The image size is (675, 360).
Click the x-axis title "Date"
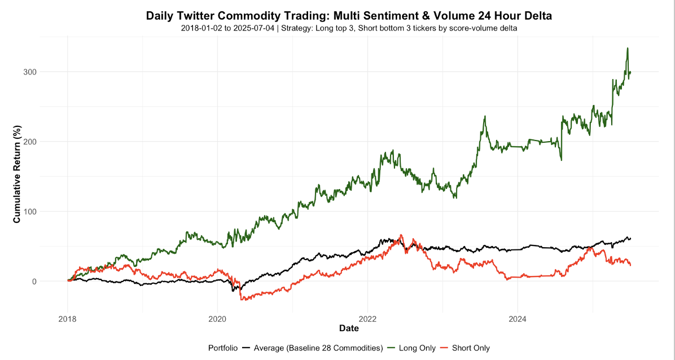tap(349, 328)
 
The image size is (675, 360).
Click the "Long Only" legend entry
tap(417, 348)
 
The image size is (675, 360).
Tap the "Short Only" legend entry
tap(471, 348)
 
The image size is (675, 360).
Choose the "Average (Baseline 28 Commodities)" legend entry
tap(318, 348)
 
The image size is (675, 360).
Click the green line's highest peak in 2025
tap(628, 49)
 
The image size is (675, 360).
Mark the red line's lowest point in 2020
tap(242, 300)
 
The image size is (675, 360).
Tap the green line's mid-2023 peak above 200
tap(485, 117)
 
